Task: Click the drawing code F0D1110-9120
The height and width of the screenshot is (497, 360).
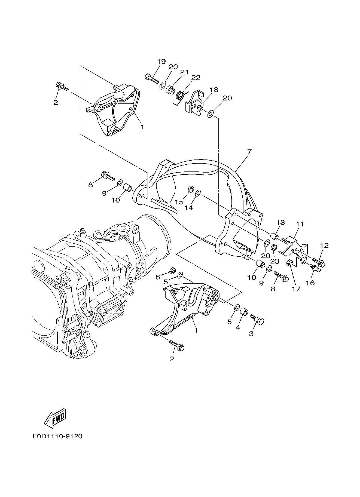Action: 57,436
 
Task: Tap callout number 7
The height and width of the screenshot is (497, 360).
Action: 249,151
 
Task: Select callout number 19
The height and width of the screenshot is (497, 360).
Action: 161,62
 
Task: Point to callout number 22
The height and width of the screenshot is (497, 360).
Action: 196,78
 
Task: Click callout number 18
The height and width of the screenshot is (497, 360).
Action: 214,90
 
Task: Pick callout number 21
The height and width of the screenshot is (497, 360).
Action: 184,72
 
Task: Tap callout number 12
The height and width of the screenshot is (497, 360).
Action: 324,245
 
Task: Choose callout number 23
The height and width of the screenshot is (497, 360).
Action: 275,261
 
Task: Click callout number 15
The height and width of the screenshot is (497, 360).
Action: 179,202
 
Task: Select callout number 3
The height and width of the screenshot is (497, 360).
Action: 251,333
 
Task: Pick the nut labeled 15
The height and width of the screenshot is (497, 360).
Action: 191,189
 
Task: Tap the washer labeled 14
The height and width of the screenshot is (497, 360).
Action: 198,193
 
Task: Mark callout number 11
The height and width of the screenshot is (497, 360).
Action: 300,224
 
